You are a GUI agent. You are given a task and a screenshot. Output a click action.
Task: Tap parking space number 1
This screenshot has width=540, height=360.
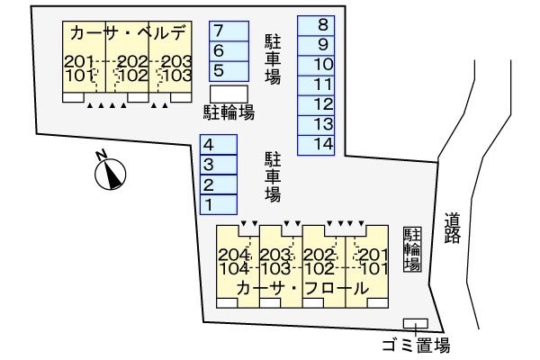click(218, 204)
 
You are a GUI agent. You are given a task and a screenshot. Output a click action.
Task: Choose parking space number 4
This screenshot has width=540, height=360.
click(218, 145)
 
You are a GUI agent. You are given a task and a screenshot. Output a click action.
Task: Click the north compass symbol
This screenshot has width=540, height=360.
click(110, 172)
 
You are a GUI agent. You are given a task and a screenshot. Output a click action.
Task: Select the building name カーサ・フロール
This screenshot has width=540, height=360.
click(302, 289)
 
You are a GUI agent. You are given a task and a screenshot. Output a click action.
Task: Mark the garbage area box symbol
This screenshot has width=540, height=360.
click(415, 323)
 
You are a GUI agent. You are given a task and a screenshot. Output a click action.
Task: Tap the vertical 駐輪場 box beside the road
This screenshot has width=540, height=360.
click(412, 249)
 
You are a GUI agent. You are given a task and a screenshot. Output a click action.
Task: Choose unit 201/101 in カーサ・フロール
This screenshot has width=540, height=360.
click(368, 261)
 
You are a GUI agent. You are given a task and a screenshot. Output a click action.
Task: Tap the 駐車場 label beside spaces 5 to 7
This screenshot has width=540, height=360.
click(272, 59)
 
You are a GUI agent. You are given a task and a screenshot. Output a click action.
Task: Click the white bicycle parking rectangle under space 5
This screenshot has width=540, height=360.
click(229, 93)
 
